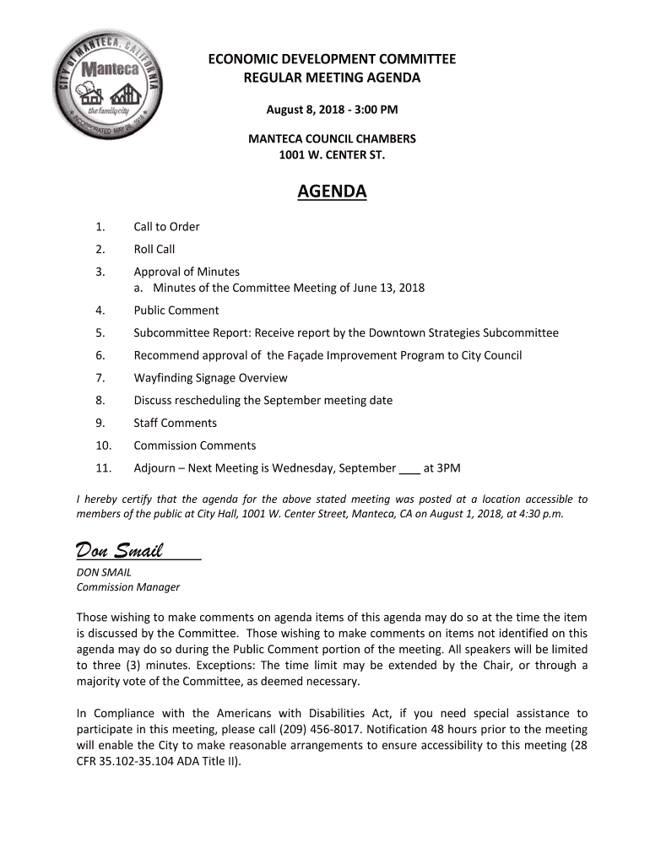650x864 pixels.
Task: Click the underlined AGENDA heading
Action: click(x=332, y=192)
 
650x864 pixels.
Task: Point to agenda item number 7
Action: click(x=100, y=378)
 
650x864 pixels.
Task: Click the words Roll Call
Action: click(x=154, y=249)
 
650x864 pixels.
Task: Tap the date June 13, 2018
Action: click(x=392, y=288)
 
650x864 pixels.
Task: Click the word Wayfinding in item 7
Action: click(x=164, y=378)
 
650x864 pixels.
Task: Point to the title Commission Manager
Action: click(x=128, y=587)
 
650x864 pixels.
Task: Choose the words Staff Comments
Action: click(x=175, y=423)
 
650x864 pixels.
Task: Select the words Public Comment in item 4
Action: click(x=176, y=310)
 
